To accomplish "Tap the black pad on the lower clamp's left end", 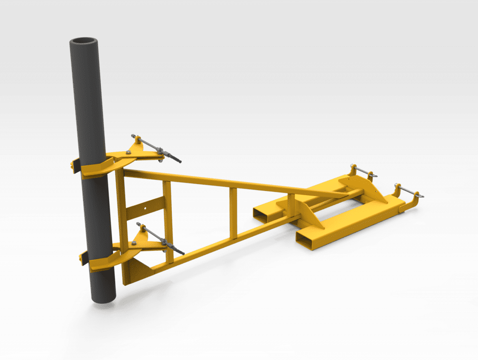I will tap(83, 257).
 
